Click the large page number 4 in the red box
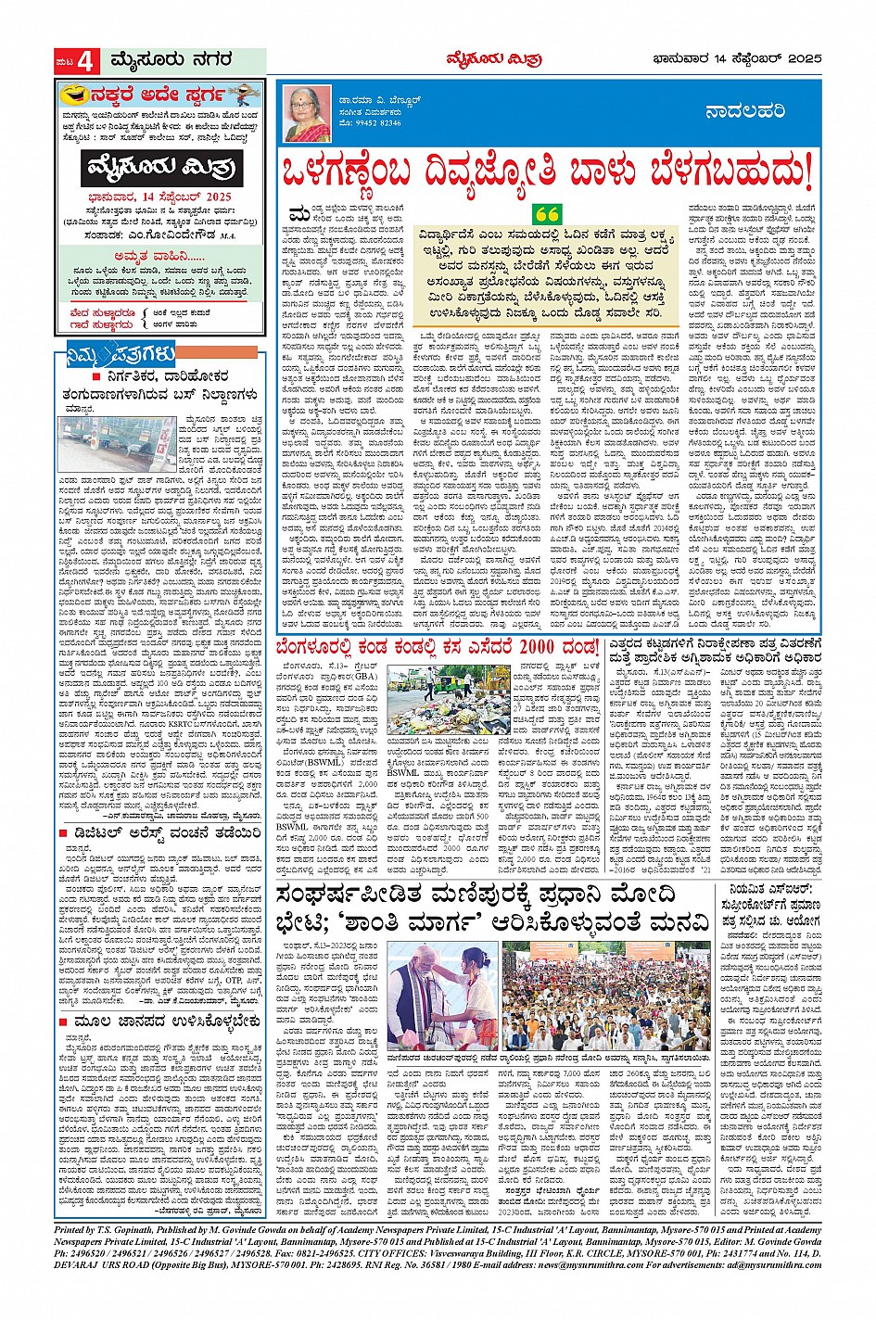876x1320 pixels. [84, 61]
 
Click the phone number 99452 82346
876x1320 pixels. [371, 122]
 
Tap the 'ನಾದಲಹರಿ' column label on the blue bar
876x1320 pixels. [745, 112]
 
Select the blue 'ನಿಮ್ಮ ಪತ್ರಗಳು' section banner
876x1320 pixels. [109, 353]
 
